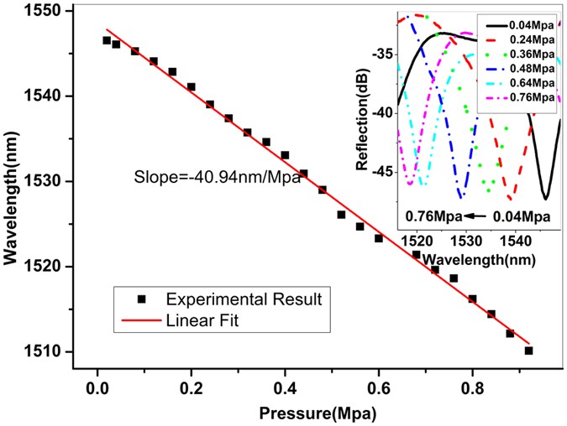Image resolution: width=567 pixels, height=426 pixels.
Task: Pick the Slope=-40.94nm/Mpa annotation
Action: click(x=218, y=177)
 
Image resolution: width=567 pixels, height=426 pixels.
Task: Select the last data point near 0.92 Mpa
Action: click(x=528, y=351)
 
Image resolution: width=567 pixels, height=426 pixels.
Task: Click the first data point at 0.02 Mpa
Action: click(x=107, y=40)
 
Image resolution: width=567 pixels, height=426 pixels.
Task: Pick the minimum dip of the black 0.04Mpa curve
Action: click(x=545, y=198)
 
